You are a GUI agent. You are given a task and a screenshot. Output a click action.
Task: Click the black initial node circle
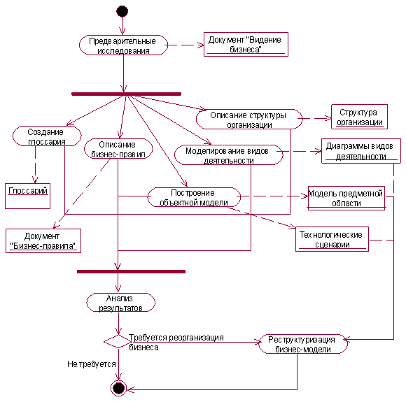click(x=122, y=11)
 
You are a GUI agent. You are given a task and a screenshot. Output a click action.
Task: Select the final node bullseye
click(x=118, y=388)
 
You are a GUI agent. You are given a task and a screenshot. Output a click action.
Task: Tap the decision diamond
click(x=118, y=341)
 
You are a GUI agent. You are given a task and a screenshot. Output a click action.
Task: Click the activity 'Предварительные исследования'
click(x=123, y=45)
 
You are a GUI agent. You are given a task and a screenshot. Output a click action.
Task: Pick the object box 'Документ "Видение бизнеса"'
click(x=246, y=44)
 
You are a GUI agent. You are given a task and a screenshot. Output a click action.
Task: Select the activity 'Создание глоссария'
click(x=47, y=136)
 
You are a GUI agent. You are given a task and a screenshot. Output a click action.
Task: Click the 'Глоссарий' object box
click(x=27, y=196)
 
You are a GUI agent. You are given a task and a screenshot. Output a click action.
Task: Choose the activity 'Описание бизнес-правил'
click(x=118, y=148)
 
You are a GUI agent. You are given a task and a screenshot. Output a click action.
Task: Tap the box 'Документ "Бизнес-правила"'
click(x=43, y=241)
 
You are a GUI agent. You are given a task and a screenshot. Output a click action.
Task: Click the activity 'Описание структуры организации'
click(x=249, y=120)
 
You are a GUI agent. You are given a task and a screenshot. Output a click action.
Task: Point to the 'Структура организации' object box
click(x=359, y=117)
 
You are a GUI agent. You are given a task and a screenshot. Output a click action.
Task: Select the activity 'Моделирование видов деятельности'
click(x=229, y=155)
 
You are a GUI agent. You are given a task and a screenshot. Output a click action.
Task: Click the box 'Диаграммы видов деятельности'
click(x=361, y=151)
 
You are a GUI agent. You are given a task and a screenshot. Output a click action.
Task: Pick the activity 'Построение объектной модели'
click(x=194, y=197)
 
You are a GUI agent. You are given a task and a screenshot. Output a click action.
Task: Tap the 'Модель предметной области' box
click(x=346, y=198)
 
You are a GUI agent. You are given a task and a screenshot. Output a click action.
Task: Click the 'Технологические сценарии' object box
click(x=332, y=239)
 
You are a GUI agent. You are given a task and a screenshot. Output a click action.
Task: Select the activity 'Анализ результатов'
click(x=120, y=303)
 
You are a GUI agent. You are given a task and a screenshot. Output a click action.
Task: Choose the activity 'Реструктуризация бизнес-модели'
click(x=303, y=344)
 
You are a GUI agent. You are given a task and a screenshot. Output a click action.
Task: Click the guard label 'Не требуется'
click(x=92, y=364)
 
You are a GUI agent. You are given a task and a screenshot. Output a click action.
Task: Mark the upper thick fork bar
click(x=126, y=94)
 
